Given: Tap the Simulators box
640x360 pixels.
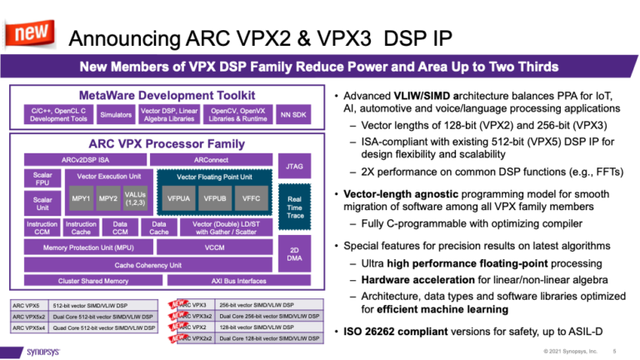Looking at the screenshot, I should pyautogui.click(x=110, y=114).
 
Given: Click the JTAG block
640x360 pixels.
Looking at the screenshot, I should pyautogui.click(x=294, y=166).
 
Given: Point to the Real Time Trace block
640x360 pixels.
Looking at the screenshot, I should pyautogui.click(x=294, y=205).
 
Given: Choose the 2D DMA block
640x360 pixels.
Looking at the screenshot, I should pyautogui.click(x=294, y=254).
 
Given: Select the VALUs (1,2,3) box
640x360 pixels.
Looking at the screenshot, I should pyautogui.click(x=135, y=199).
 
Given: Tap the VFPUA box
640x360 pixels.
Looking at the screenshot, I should pyautogui.click(x=179, y=199).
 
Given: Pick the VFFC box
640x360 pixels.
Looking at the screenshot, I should pyautogui.click(x=251, y=199).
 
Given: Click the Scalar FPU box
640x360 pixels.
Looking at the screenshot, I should pyautogui.click(x=42, y=178).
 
